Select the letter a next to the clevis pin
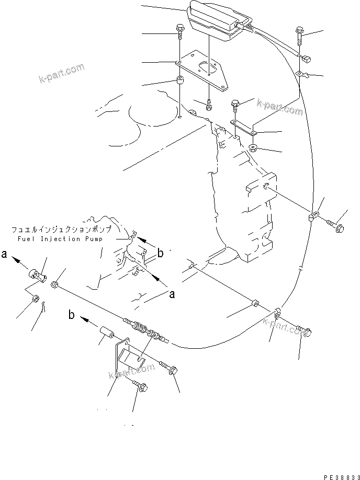4,255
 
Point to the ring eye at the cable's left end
54,284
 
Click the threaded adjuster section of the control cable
140,328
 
